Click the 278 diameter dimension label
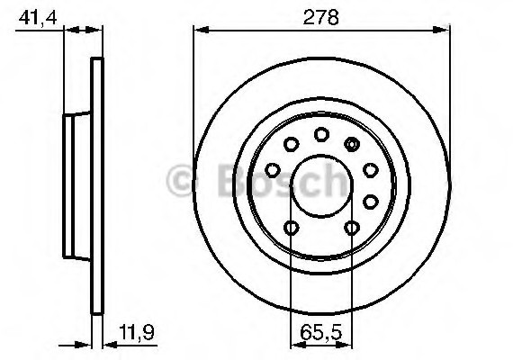(x=320, y=17)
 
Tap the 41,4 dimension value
(x=38, y=18)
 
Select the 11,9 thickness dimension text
(x=137, y=332)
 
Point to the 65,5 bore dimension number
(x=321, y=332)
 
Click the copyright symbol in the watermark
(x=180, y=181)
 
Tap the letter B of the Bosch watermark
(x=232, y=181)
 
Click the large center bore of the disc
(x=322, y=186)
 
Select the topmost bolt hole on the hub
(x=321, y=134)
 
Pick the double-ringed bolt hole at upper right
(x=352, y=144)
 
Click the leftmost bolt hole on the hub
(x=273, y=170)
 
